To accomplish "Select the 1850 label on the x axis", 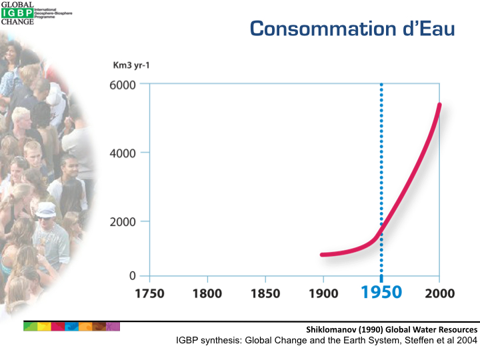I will (265, 293).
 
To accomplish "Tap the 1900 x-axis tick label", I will (323, 293).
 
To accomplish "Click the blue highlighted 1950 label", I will (381, 292).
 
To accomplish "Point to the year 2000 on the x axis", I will (439, 293).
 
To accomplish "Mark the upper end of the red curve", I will (439, 105).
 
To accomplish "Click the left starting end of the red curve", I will (323, 255).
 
